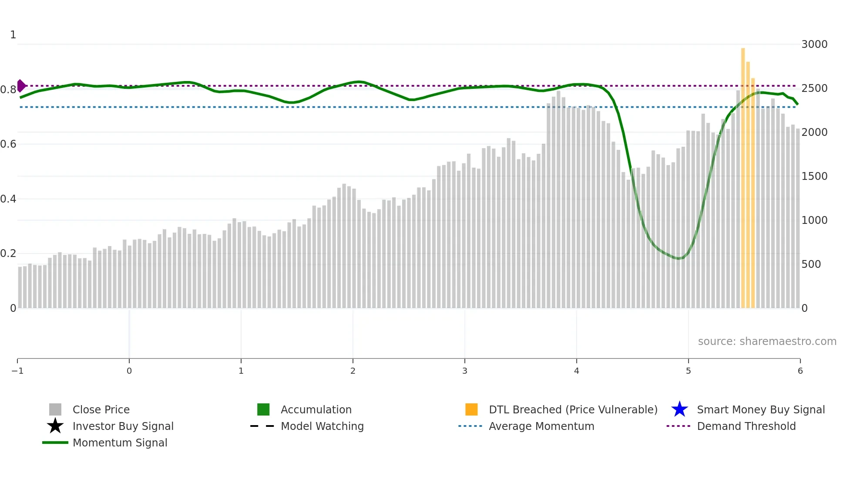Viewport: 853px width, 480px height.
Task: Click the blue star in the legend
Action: click(x=679, y=409)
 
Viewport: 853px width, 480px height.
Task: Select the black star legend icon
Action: click(x=55, y=426)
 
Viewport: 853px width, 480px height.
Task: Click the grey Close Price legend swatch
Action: click(x=55, y=409)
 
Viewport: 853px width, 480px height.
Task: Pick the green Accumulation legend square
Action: click(x=263, y=409)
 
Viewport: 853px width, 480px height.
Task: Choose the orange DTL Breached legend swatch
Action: click(x=471, y=409)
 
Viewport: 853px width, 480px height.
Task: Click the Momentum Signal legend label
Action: click(x=120, y=443)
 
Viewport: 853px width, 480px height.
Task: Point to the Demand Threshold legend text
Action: click(x=746, y=426)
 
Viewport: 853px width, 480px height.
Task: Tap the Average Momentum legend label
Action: click(x=541, y=426)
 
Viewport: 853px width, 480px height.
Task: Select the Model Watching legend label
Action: click(x=322, y=426)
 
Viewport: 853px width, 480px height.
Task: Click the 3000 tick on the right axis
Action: click(x=814, y=44)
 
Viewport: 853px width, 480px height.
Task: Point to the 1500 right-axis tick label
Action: click(x=814, y=176)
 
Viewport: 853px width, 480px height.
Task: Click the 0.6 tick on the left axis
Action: click(x=9, y=144)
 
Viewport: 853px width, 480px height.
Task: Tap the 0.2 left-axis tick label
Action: click(x=9, y=254)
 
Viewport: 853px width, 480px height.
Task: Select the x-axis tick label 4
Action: click(x=577, y=371)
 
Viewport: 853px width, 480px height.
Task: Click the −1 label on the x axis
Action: click(x=17, y=371)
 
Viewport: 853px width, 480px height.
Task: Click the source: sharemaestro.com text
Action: click(x=767, y=341)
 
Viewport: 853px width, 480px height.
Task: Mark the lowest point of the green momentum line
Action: click(x=678, y=259)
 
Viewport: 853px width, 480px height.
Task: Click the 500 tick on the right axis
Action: click(x=811, y=264)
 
